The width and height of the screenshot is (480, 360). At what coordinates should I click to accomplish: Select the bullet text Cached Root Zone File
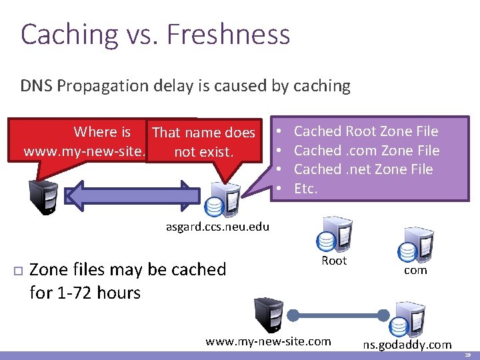pyautogui.click(x=366, y=131)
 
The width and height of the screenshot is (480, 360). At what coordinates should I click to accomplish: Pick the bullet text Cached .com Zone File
pyautogui.click(x=367, y=151)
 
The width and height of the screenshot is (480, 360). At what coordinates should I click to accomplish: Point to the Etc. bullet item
pyautogui.click(x=306, y=189)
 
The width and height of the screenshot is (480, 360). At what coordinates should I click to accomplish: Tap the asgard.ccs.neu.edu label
pyautogui.click(x=217, y=227)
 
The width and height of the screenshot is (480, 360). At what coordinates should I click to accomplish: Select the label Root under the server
pyautogui.click(x=334, y=261)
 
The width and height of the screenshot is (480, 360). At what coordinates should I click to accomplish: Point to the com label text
pyautogui.click(x=415, y=271)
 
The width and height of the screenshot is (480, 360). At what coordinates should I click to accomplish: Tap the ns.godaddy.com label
pyautogui.click(x=407, y=345)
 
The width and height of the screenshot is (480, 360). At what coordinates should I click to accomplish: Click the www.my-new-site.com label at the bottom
pyautogui.click(x=268, y=341)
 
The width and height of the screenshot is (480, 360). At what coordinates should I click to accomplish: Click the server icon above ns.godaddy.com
pyautogui.click(x=406, y=319)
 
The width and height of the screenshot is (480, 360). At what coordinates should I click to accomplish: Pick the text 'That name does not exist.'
pyautogui.click(x=203, y=142)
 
